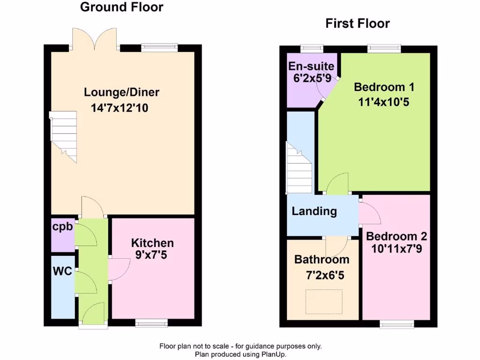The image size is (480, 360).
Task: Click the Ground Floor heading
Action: [121, 7]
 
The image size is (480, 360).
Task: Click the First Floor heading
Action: [358, 23]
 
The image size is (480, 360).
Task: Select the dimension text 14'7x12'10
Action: [120, 108]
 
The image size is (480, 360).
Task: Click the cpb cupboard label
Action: [62, 227]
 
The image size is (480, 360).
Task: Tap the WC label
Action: [62, 271]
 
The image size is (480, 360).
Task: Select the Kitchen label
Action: [152, 243]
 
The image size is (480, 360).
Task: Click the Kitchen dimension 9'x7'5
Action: [150, 255]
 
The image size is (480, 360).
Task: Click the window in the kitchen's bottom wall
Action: [151, 322]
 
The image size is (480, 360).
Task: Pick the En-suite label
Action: [311, 66]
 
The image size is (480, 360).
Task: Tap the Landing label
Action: [314, 211]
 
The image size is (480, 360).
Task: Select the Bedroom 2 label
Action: [397, 236]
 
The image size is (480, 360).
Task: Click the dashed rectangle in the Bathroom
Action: [324, 301]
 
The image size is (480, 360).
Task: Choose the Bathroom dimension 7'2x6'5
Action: [325, 276]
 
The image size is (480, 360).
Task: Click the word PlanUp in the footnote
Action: [273, 355]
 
